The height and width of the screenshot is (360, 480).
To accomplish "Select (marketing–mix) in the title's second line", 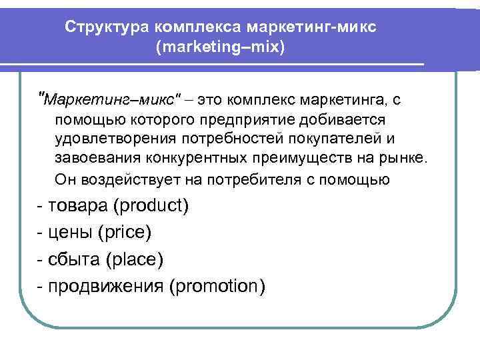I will click(x=220, y=49).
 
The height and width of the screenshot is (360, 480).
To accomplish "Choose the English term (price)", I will click(x=125, y=232).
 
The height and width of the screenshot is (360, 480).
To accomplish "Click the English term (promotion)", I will click(x=217, y=286).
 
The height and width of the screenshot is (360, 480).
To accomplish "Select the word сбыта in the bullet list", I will click(x=70, y=259).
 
